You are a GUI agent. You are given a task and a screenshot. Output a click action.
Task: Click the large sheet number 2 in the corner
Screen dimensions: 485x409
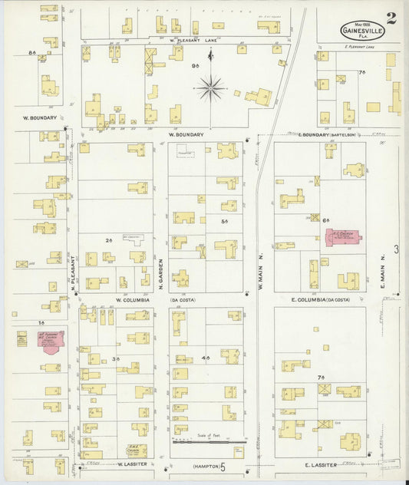[391, 19]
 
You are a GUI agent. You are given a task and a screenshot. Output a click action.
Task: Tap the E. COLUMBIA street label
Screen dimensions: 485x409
[320, 299]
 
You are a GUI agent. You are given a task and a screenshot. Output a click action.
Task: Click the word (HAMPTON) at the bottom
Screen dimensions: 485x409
[203, 465]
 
